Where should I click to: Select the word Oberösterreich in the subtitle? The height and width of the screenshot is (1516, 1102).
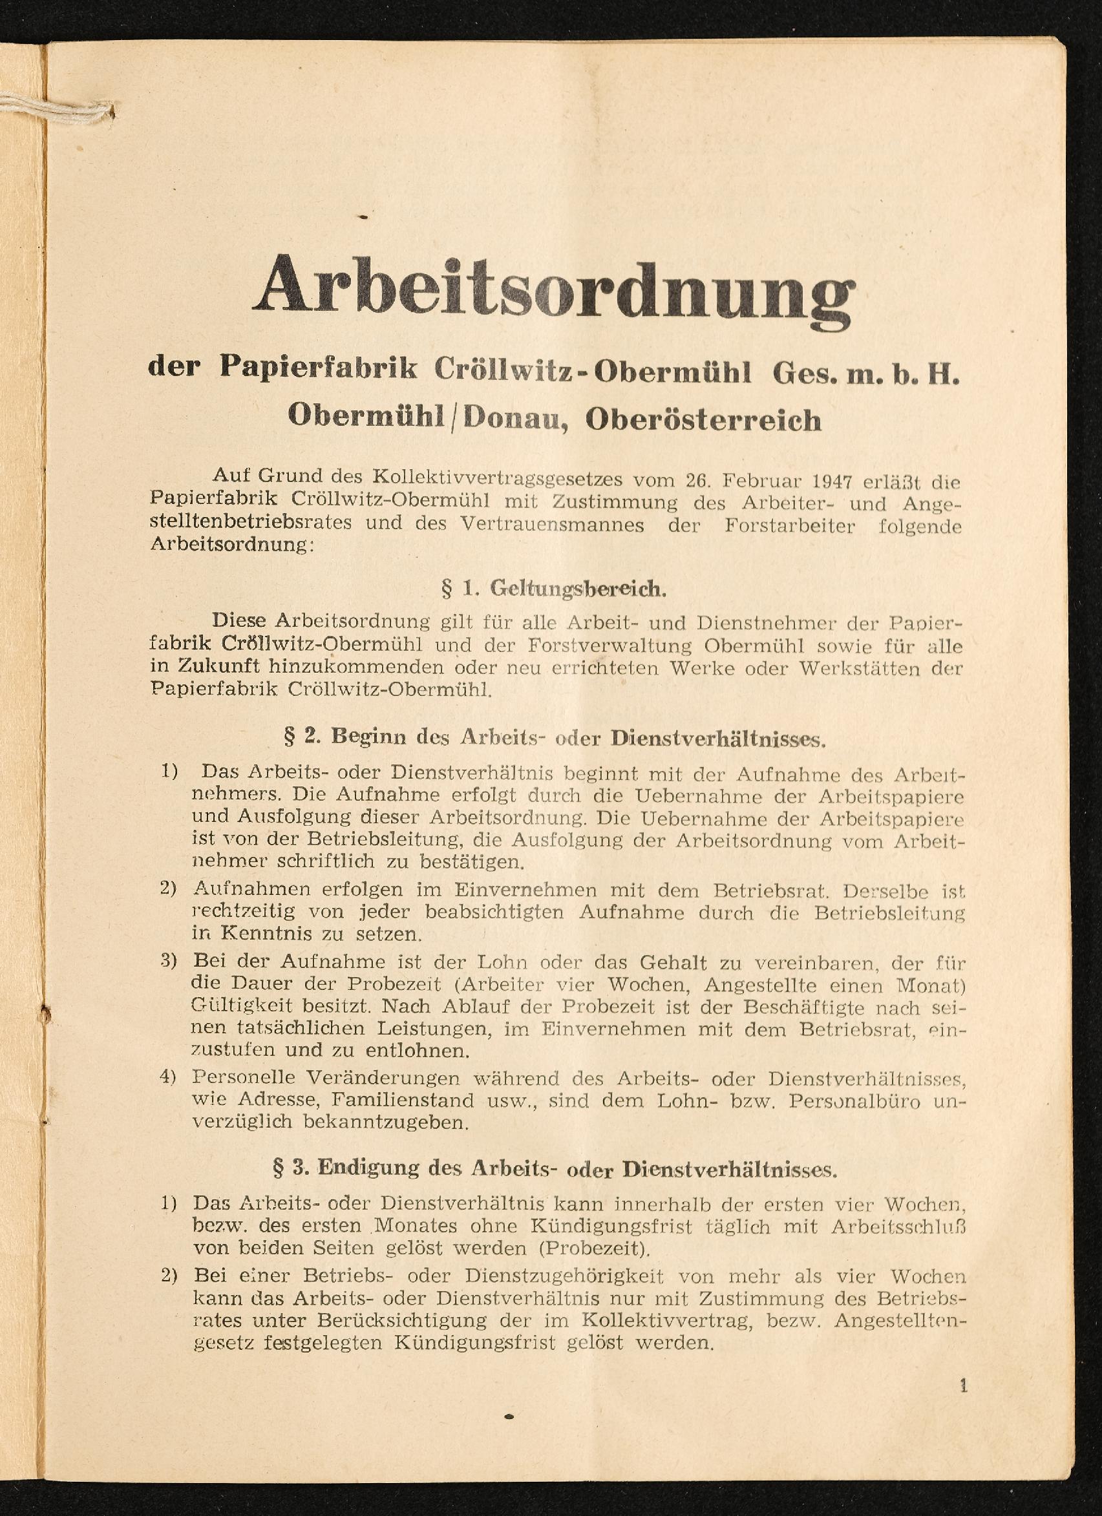703,420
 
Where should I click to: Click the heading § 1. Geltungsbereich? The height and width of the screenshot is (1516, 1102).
555,588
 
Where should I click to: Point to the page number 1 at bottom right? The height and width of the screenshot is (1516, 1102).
964,1386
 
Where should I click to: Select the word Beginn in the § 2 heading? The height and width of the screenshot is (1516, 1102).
369,737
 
